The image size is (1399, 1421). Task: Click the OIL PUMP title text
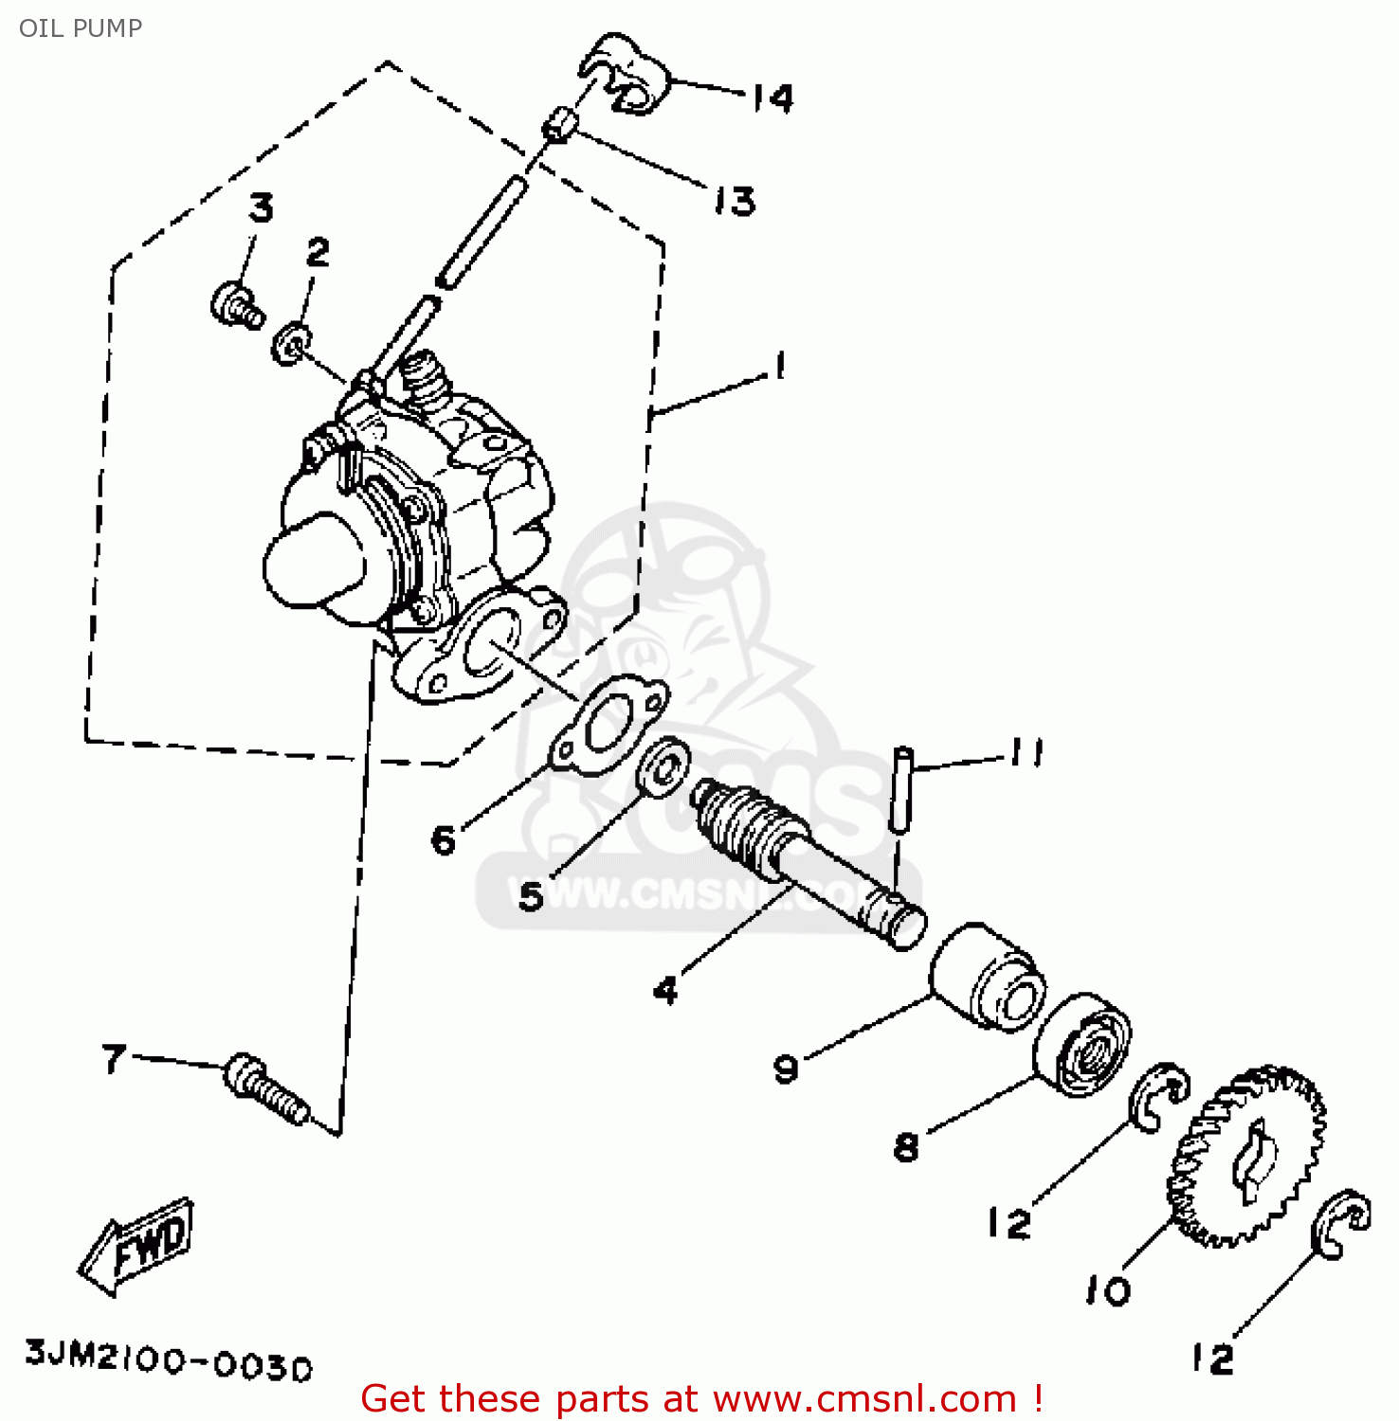coord(81,28)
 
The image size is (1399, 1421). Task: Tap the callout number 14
coord(772,98)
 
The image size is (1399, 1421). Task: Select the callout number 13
coord(735,201)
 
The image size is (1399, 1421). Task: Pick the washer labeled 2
coord(291,343)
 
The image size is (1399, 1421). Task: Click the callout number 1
coord(779,367)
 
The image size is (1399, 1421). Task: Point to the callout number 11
coord(1027,753)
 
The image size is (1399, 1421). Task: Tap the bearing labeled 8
coord(1081,1043)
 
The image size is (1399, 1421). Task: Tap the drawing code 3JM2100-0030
coord(168,1359)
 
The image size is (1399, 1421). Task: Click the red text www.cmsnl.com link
coord(863,1399)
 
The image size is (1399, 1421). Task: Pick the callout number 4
coord(666,990)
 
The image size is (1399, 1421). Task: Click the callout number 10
coord(1108,1289)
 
